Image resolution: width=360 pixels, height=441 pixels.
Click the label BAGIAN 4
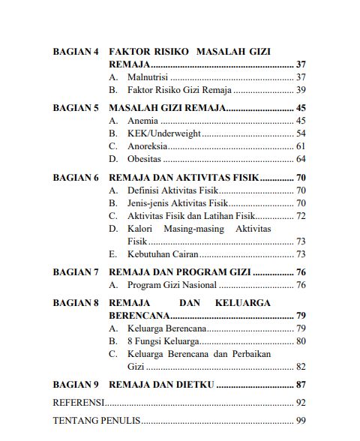tap(76, 52)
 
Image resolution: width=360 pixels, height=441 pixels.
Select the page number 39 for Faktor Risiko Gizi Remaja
tap(301, 90)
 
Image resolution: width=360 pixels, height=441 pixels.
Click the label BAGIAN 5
tap(76, 108)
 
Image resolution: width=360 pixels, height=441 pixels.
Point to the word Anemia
tap(142, 121)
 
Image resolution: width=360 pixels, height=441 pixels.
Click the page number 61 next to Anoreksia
tap(301, 146)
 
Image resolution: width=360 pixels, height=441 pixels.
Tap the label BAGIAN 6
tap(76, 178)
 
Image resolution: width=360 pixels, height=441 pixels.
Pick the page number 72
tap(301, 216)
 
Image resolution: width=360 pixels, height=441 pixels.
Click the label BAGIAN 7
tap(76, 272)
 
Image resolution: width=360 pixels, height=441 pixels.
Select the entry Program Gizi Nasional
tap(172, 285)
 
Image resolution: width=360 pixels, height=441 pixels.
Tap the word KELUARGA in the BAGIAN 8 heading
tap(252, 303)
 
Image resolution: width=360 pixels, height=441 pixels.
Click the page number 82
tap(301, 367)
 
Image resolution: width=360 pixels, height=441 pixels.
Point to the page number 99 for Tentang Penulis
tap(301, 421)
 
